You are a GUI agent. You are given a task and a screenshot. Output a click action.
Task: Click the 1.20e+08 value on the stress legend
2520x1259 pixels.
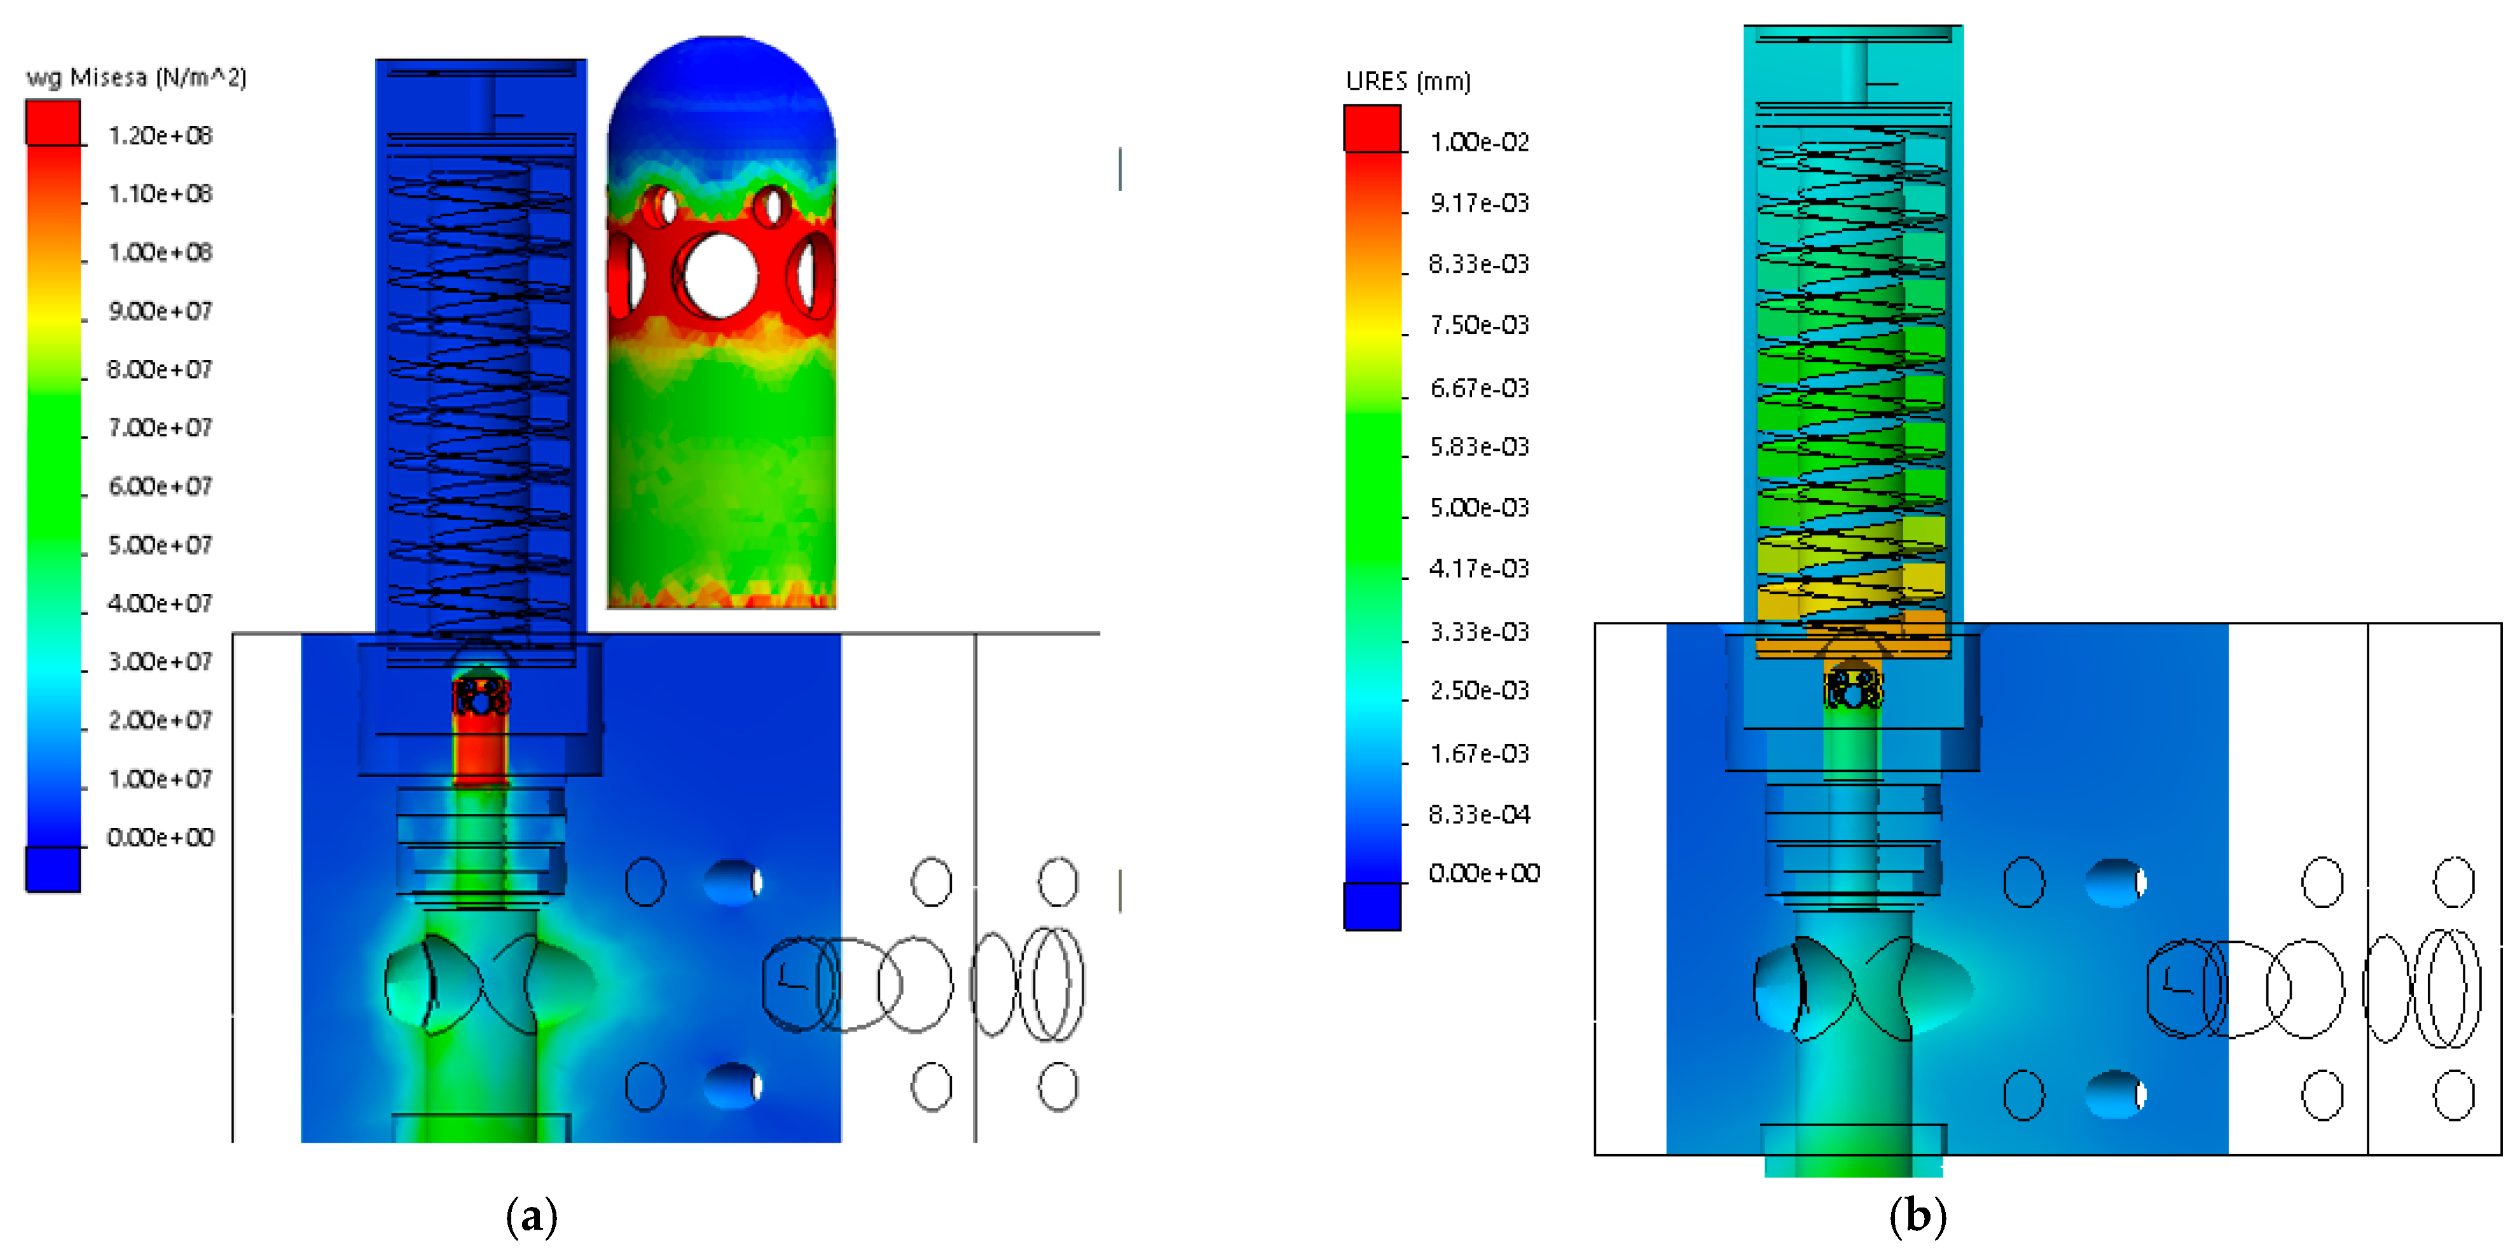(160, 135)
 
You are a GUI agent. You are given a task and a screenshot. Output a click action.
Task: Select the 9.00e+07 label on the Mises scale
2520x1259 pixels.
(160, 311)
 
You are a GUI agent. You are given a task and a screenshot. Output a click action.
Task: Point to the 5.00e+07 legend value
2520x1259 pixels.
(160, 545)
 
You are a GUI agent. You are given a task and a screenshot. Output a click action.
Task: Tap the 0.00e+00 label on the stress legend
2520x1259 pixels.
(160, 837)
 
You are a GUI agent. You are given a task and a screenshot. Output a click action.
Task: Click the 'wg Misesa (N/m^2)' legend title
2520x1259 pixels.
(136, 78)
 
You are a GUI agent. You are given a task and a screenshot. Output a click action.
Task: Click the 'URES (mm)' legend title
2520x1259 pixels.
(1408, 81)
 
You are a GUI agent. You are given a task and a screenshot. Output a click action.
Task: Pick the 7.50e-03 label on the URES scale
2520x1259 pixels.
(1479, 325)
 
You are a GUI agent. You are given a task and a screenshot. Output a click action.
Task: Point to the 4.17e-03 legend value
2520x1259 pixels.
(1479, 568)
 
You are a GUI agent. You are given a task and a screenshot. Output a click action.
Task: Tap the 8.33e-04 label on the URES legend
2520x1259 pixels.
(1479, 814)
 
